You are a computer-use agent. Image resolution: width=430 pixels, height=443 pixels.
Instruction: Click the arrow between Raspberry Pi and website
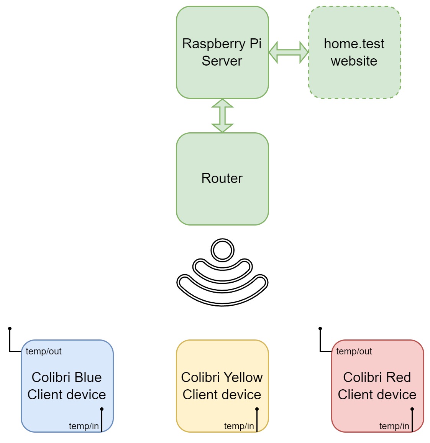(289, 52)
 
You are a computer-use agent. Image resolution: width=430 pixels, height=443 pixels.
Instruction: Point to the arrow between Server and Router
(222, 115)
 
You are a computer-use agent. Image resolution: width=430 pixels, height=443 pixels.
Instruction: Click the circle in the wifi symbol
(222, 250)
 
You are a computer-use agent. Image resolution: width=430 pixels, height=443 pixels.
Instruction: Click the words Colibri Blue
(67, 377)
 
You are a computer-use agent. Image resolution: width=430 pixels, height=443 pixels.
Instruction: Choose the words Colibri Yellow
(222, 377)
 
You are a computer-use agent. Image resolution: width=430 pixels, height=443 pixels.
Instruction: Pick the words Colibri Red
(377, 377)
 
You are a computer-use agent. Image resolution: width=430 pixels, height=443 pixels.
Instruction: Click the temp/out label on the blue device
(44, 351)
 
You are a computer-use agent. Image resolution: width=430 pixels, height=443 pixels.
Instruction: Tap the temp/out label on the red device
(354, 351)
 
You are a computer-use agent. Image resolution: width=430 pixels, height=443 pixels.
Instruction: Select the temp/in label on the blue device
(84, 426)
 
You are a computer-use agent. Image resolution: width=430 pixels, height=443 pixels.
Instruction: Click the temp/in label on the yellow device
(239, 426)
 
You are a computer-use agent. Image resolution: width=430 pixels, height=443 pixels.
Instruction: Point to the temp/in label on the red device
(394, 426)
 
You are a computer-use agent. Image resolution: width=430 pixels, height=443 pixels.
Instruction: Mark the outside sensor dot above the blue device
(10, 329)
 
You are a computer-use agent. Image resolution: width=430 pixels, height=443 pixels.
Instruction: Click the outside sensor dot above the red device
(320, 329)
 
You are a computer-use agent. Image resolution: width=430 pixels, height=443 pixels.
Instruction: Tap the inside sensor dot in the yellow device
(257, 409)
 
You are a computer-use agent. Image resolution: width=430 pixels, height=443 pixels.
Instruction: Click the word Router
(222, 178)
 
